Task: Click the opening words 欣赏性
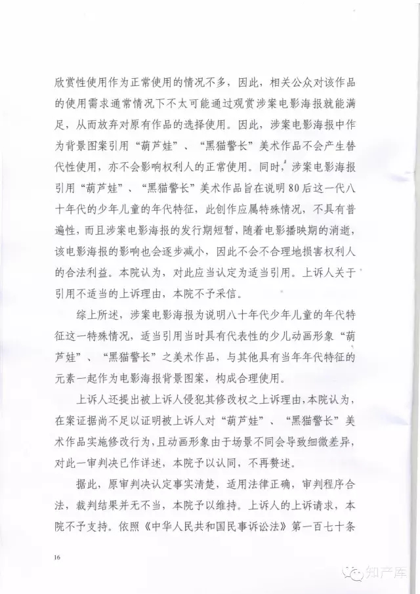[72, 85]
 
